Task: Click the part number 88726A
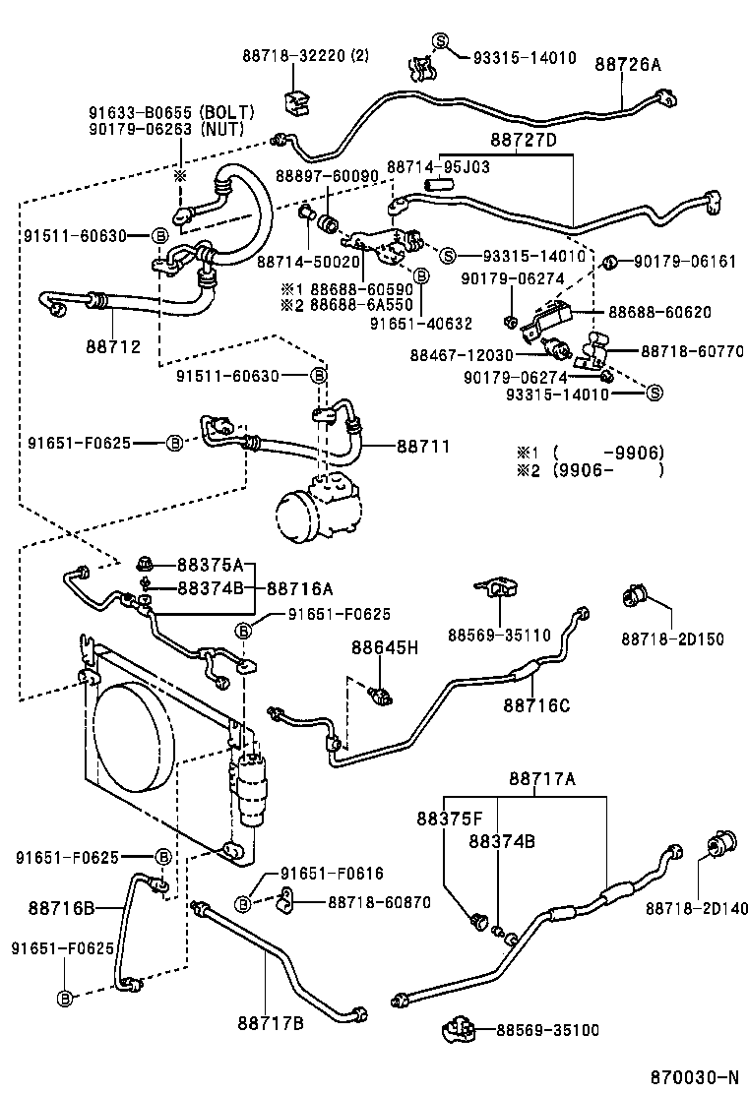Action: [628, 65]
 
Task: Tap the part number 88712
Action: [112, 346]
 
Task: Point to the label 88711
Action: [423, 446]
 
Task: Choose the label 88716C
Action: [535, 704]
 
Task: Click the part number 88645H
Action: [385, 646]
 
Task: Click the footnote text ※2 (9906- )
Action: [591, 470]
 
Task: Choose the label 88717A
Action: [542, 779]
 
